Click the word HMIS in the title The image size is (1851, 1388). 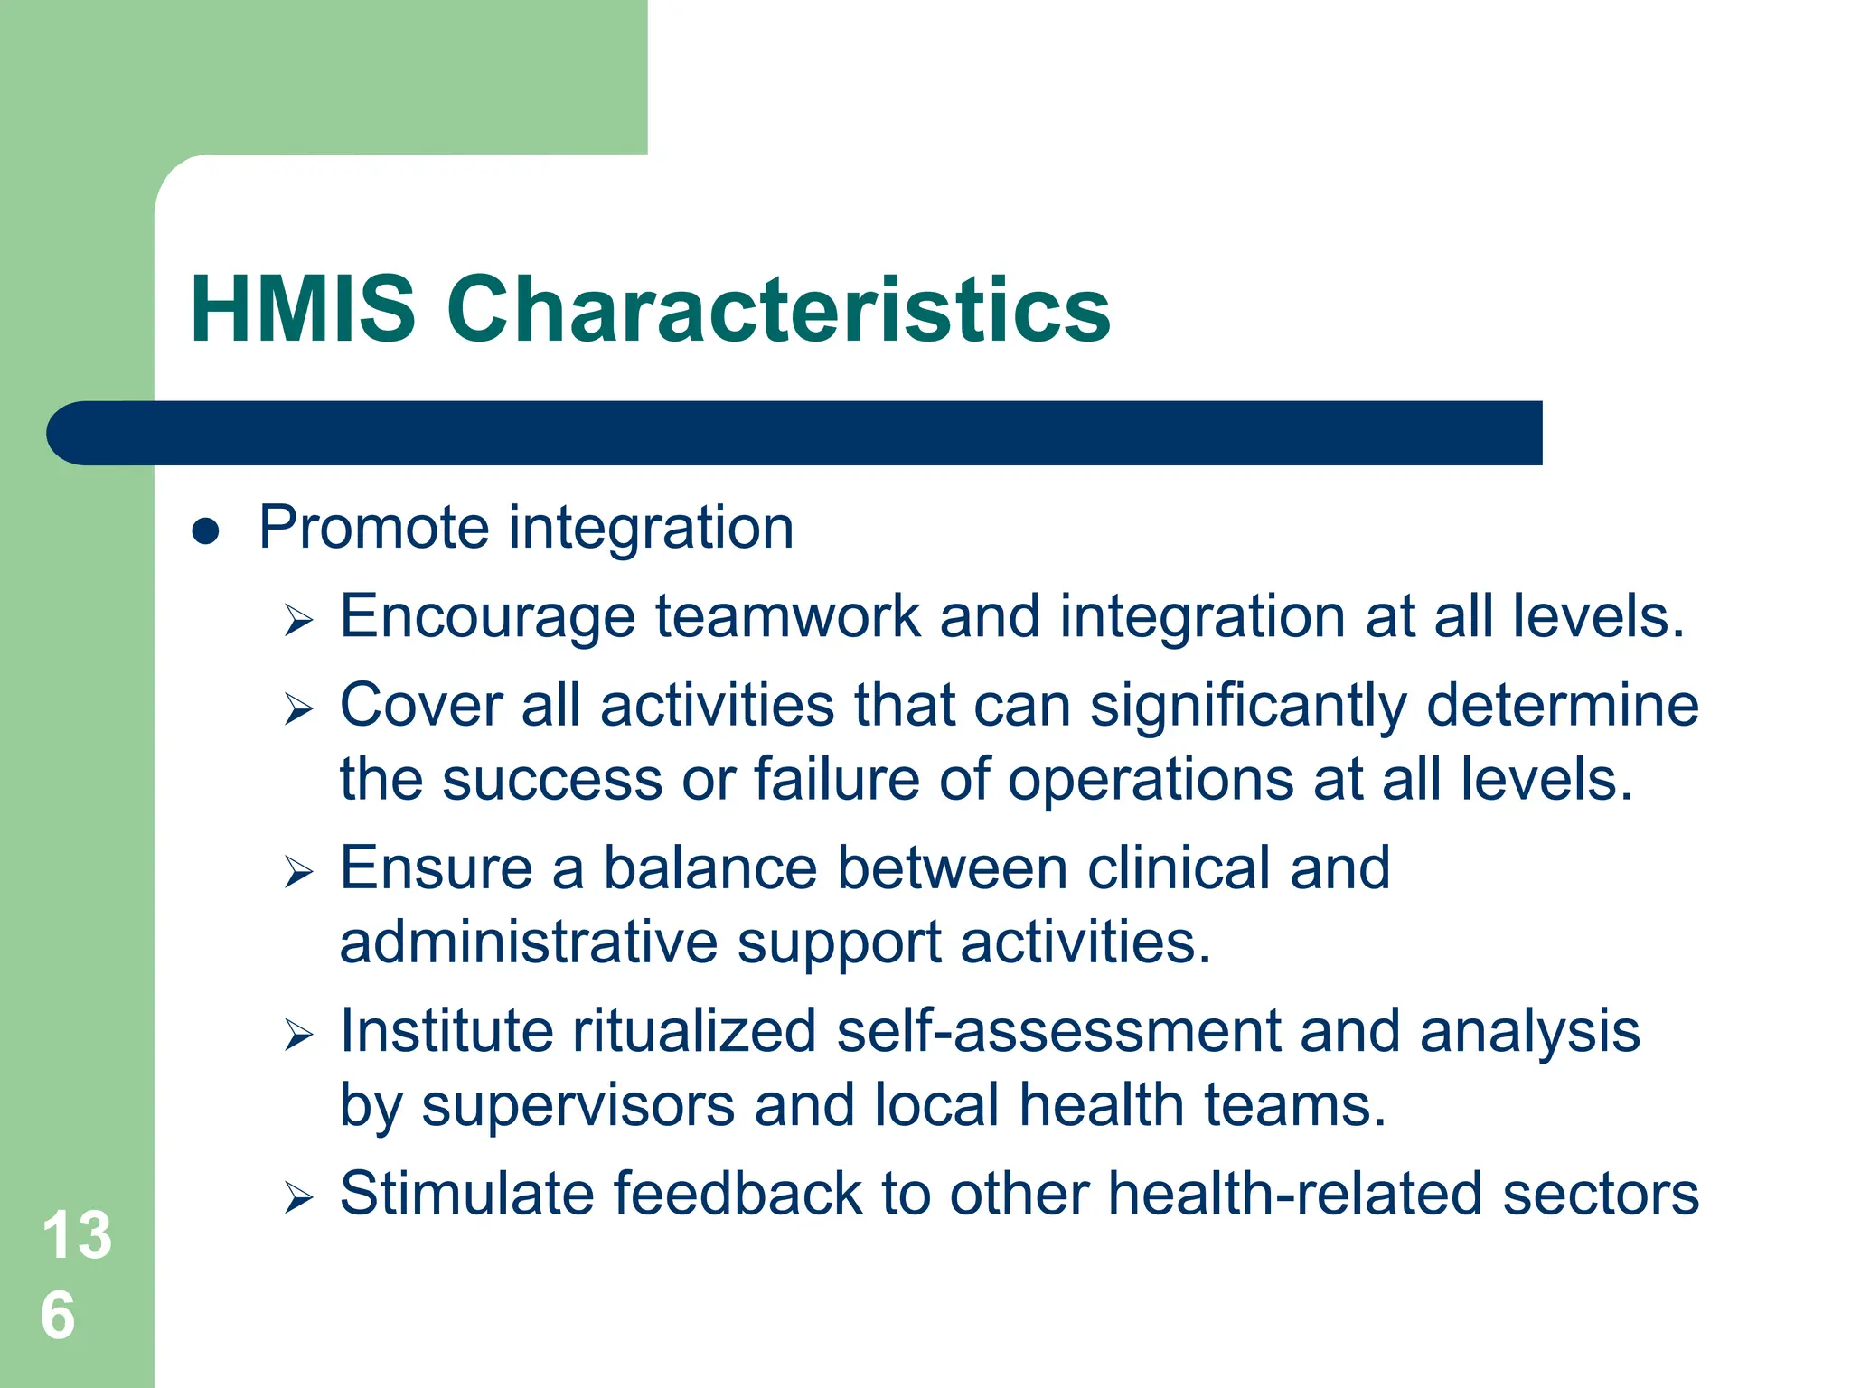303,309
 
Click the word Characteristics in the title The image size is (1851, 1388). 778,309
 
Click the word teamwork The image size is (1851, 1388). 787,616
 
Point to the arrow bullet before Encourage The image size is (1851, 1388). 298,621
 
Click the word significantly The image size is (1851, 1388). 1248,707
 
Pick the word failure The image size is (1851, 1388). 836,779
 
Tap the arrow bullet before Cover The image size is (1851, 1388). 298,709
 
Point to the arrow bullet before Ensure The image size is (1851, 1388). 298,872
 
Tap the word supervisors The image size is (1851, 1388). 578,1106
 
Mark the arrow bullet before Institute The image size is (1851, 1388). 298,1035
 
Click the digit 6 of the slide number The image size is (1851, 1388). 59,1316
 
